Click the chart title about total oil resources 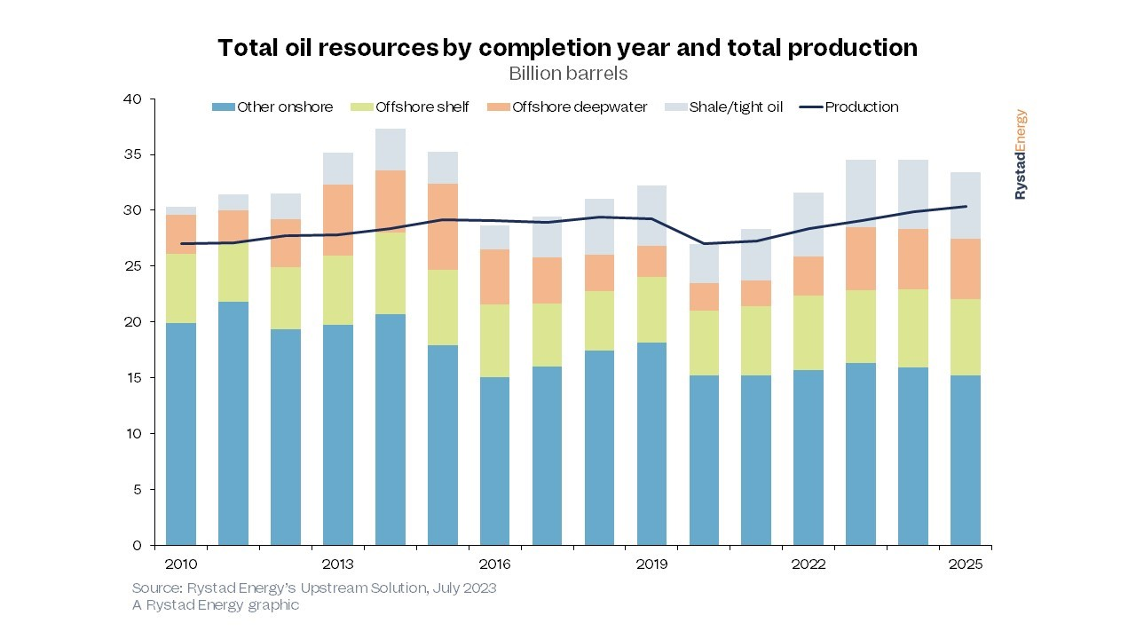point(568,48)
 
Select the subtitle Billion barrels point(568,73)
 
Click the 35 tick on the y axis point(132,155)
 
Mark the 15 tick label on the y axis point(132,378)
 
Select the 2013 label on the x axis point(337,564)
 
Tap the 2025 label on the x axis point(966,564)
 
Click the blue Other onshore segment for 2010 point(181,435)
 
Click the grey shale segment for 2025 point(966,205)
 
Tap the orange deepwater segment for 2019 point(652,261)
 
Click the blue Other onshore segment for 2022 point(809,457)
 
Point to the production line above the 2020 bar point(705,243)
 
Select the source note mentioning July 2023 point(314,588)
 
